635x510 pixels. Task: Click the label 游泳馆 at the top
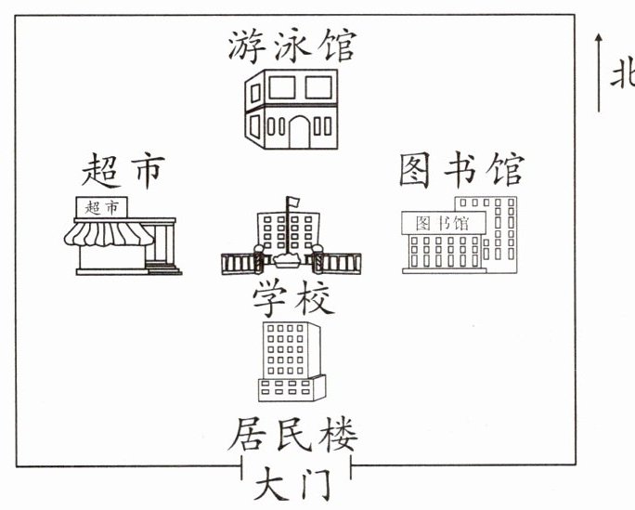pos(291,44)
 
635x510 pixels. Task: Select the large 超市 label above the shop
pos(123,171)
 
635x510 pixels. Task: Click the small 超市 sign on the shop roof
pos(101,207)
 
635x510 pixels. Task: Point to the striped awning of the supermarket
pos(108,234)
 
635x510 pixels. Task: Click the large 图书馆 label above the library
pos(461,170)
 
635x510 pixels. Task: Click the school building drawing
pos(290,240)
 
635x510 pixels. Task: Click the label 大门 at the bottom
pos(291,485)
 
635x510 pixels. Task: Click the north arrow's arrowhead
pos(600,37)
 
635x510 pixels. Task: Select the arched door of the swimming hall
pos(299,133)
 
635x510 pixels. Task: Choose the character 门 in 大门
pos(314,485)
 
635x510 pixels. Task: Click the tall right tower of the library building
pos(506,232)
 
